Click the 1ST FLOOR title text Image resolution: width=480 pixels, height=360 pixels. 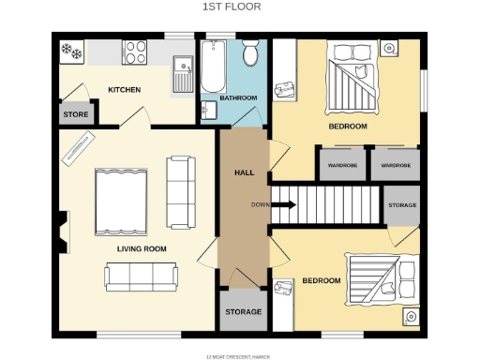click(231, 7)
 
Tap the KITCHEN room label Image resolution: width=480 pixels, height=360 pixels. click(124, 90)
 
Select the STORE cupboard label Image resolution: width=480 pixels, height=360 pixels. click(75, 114)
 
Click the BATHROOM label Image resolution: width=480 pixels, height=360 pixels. click(238, 97)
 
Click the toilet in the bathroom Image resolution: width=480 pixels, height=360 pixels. click(250, 54)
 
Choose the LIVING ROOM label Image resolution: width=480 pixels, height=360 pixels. click(142, 248)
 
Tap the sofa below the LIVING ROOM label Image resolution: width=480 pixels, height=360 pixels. click(142, 276)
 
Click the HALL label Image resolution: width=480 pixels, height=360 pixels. click(244, 173)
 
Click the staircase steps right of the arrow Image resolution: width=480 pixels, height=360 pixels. click(337, 204)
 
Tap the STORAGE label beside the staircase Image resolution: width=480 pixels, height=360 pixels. click(401, 204)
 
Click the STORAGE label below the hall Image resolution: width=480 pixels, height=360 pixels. click(243, 311)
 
